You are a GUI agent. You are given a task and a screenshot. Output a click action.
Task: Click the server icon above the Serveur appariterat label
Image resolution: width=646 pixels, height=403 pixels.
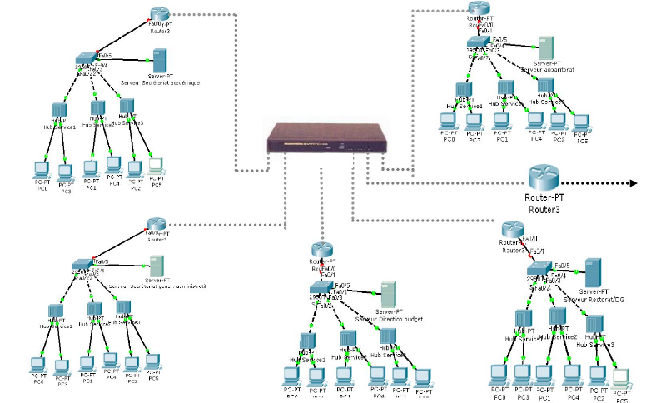coord(545,47)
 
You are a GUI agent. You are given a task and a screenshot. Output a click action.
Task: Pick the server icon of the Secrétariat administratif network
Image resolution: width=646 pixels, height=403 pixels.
coord(155,266)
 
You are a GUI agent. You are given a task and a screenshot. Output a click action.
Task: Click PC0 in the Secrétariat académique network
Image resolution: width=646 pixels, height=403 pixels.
coord(41,170)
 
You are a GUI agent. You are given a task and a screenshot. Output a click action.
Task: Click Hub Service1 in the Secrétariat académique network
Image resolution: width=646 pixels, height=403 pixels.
coord(59,111)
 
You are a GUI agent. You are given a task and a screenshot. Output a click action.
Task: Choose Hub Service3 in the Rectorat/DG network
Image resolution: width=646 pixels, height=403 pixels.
coord(594,324)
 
